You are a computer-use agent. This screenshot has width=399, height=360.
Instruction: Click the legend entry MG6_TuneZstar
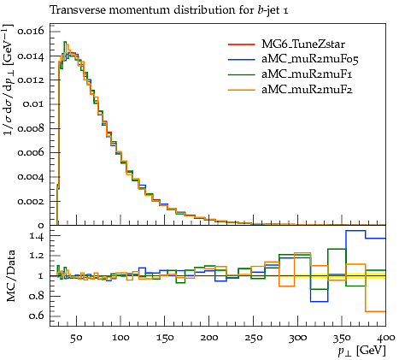click(303, 44)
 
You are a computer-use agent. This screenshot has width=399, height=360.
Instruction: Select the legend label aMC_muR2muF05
click(310, 59)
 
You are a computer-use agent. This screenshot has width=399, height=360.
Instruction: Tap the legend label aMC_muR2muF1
click(307, 74)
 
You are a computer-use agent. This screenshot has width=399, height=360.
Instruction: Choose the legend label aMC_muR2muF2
click(307, 90)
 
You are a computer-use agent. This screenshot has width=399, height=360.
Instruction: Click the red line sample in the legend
click(241, 44)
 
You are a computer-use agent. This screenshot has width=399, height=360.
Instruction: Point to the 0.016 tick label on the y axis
click(31, 31)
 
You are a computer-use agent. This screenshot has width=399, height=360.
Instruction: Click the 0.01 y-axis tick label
click(34, 103)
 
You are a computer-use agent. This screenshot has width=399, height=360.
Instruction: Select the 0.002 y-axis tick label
click(31, 201)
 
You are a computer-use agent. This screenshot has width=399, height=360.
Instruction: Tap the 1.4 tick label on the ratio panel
click(37, 236)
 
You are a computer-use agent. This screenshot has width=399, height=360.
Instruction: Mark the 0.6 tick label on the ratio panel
click(37, 316)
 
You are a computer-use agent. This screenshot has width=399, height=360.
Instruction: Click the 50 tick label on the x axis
click(76, 338)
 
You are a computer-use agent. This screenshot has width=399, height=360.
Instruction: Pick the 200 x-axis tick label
click(208, 338)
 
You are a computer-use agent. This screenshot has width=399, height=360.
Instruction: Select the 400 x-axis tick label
click(386, 338)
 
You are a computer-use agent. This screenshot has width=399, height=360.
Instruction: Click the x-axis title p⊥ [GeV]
click(361, 351)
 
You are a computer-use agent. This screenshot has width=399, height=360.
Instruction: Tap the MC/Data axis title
click(11, 275)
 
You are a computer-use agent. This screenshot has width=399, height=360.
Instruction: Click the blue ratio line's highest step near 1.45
click(355, 231)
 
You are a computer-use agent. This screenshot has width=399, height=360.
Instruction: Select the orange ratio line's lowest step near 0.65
click(375, 311)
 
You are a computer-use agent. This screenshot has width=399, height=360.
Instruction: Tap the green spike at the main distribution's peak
click(65, 42)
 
